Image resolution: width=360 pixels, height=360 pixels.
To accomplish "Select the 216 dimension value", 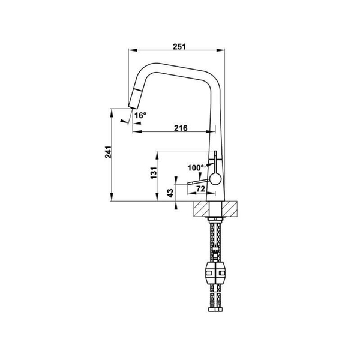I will (181, 127).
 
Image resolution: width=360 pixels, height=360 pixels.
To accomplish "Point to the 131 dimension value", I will (154, 173).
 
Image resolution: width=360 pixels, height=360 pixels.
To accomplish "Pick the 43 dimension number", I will (170, 193).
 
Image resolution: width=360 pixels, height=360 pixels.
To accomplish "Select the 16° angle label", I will (140, 115).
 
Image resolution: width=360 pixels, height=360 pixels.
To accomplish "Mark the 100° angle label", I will (195, 167).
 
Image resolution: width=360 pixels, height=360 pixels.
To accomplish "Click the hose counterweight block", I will (215, 274).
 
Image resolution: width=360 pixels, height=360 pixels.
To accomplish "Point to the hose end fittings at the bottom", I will (215, 310).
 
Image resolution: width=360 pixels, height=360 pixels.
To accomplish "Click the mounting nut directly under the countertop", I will (215, 221).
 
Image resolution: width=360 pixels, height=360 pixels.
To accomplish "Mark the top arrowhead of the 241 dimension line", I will (113, 112).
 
